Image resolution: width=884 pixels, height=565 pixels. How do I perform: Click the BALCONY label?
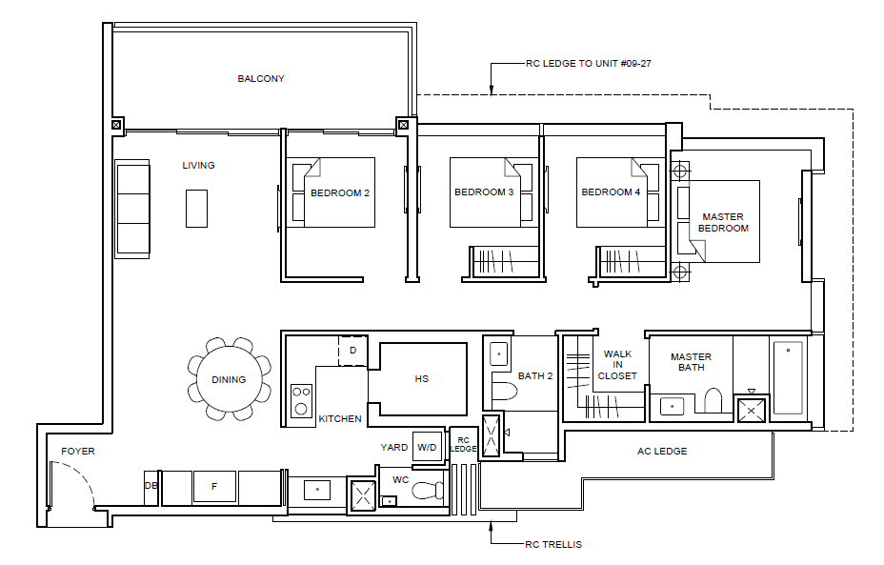260,78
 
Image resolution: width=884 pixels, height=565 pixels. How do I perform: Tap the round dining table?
229,379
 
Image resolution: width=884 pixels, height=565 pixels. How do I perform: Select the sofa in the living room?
132,210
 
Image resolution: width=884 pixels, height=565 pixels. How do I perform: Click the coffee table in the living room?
197,209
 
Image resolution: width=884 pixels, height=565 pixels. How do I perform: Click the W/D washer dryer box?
427,447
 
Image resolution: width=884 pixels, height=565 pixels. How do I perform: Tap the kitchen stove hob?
301,400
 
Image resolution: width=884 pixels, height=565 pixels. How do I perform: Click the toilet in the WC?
428,490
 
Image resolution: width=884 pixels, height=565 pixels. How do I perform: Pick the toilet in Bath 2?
505,391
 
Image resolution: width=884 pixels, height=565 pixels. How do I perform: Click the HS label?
422,379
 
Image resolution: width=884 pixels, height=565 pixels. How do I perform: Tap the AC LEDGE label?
662,451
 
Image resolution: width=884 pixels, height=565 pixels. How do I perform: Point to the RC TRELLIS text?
553,544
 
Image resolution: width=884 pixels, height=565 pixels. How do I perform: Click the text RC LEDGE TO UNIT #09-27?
588,64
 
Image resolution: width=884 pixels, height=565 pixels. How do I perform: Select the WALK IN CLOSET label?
617,365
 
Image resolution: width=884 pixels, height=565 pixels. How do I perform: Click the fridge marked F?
214,486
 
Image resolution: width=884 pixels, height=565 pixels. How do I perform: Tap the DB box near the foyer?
151,486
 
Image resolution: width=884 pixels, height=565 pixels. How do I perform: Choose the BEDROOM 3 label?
484,192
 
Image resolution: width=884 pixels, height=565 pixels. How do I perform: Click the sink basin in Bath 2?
499,354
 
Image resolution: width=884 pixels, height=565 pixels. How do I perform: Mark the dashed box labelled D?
352,351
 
